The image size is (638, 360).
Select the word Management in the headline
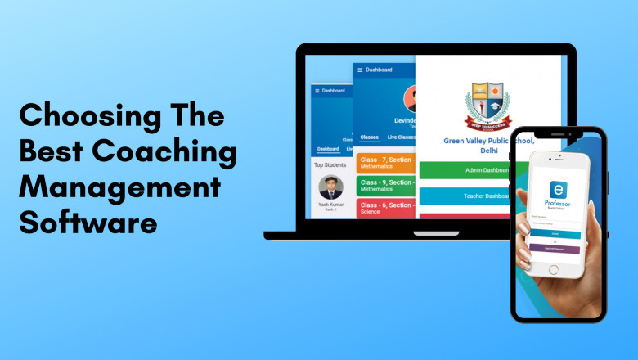pyautogui.click(x=119, y=187)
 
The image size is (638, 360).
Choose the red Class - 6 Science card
pyautogui.click(x=385, y=209)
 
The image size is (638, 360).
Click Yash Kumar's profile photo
pyautogui.click(x=330, y=187)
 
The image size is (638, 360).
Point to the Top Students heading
pyautogui.click(x=330, y=164)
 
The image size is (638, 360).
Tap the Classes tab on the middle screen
pyautogui.click(x=370, y=137)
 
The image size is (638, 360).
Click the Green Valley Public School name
pyautogui.click(x=489, y=145)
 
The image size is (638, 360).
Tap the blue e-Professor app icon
pyautogui.click(x=557, y=190)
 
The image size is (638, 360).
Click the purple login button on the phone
pyautogui.click(x=555, y=248)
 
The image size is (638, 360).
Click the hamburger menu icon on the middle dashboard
pyautogui.click(x=360, y=70)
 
